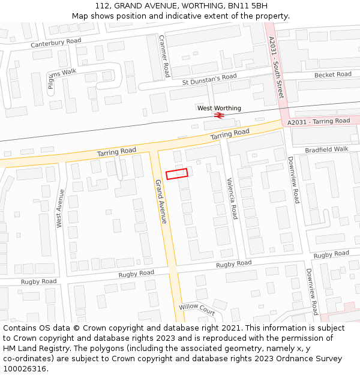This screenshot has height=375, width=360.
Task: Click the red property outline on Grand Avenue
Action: click(177, 173)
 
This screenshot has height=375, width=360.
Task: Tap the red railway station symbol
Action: click(220, 115)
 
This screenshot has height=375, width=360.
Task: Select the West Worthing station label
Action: click(219, 108)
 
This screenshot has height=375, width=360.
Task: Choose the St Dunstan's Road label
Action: click(209, 78)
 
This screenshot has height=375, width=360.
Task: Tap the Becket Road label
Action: click(332, 74)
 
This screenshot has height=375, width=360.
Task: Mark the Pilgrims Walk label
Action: click(59, 77)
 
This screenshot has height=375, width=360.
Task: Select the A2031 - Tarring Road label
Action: click(318, 121)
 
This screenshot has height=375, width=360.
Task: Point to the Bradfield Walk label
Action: click(326, 149)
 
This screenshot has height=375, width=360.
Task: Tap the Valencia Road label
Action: click(232, 198)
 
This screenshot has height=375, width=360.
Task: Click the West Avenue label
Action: click(61, 208)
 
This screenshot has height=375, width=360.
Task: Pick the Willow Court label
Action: click(197, 309)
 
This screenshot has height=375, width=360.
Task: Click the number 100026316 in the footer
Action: click(25, 368)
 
